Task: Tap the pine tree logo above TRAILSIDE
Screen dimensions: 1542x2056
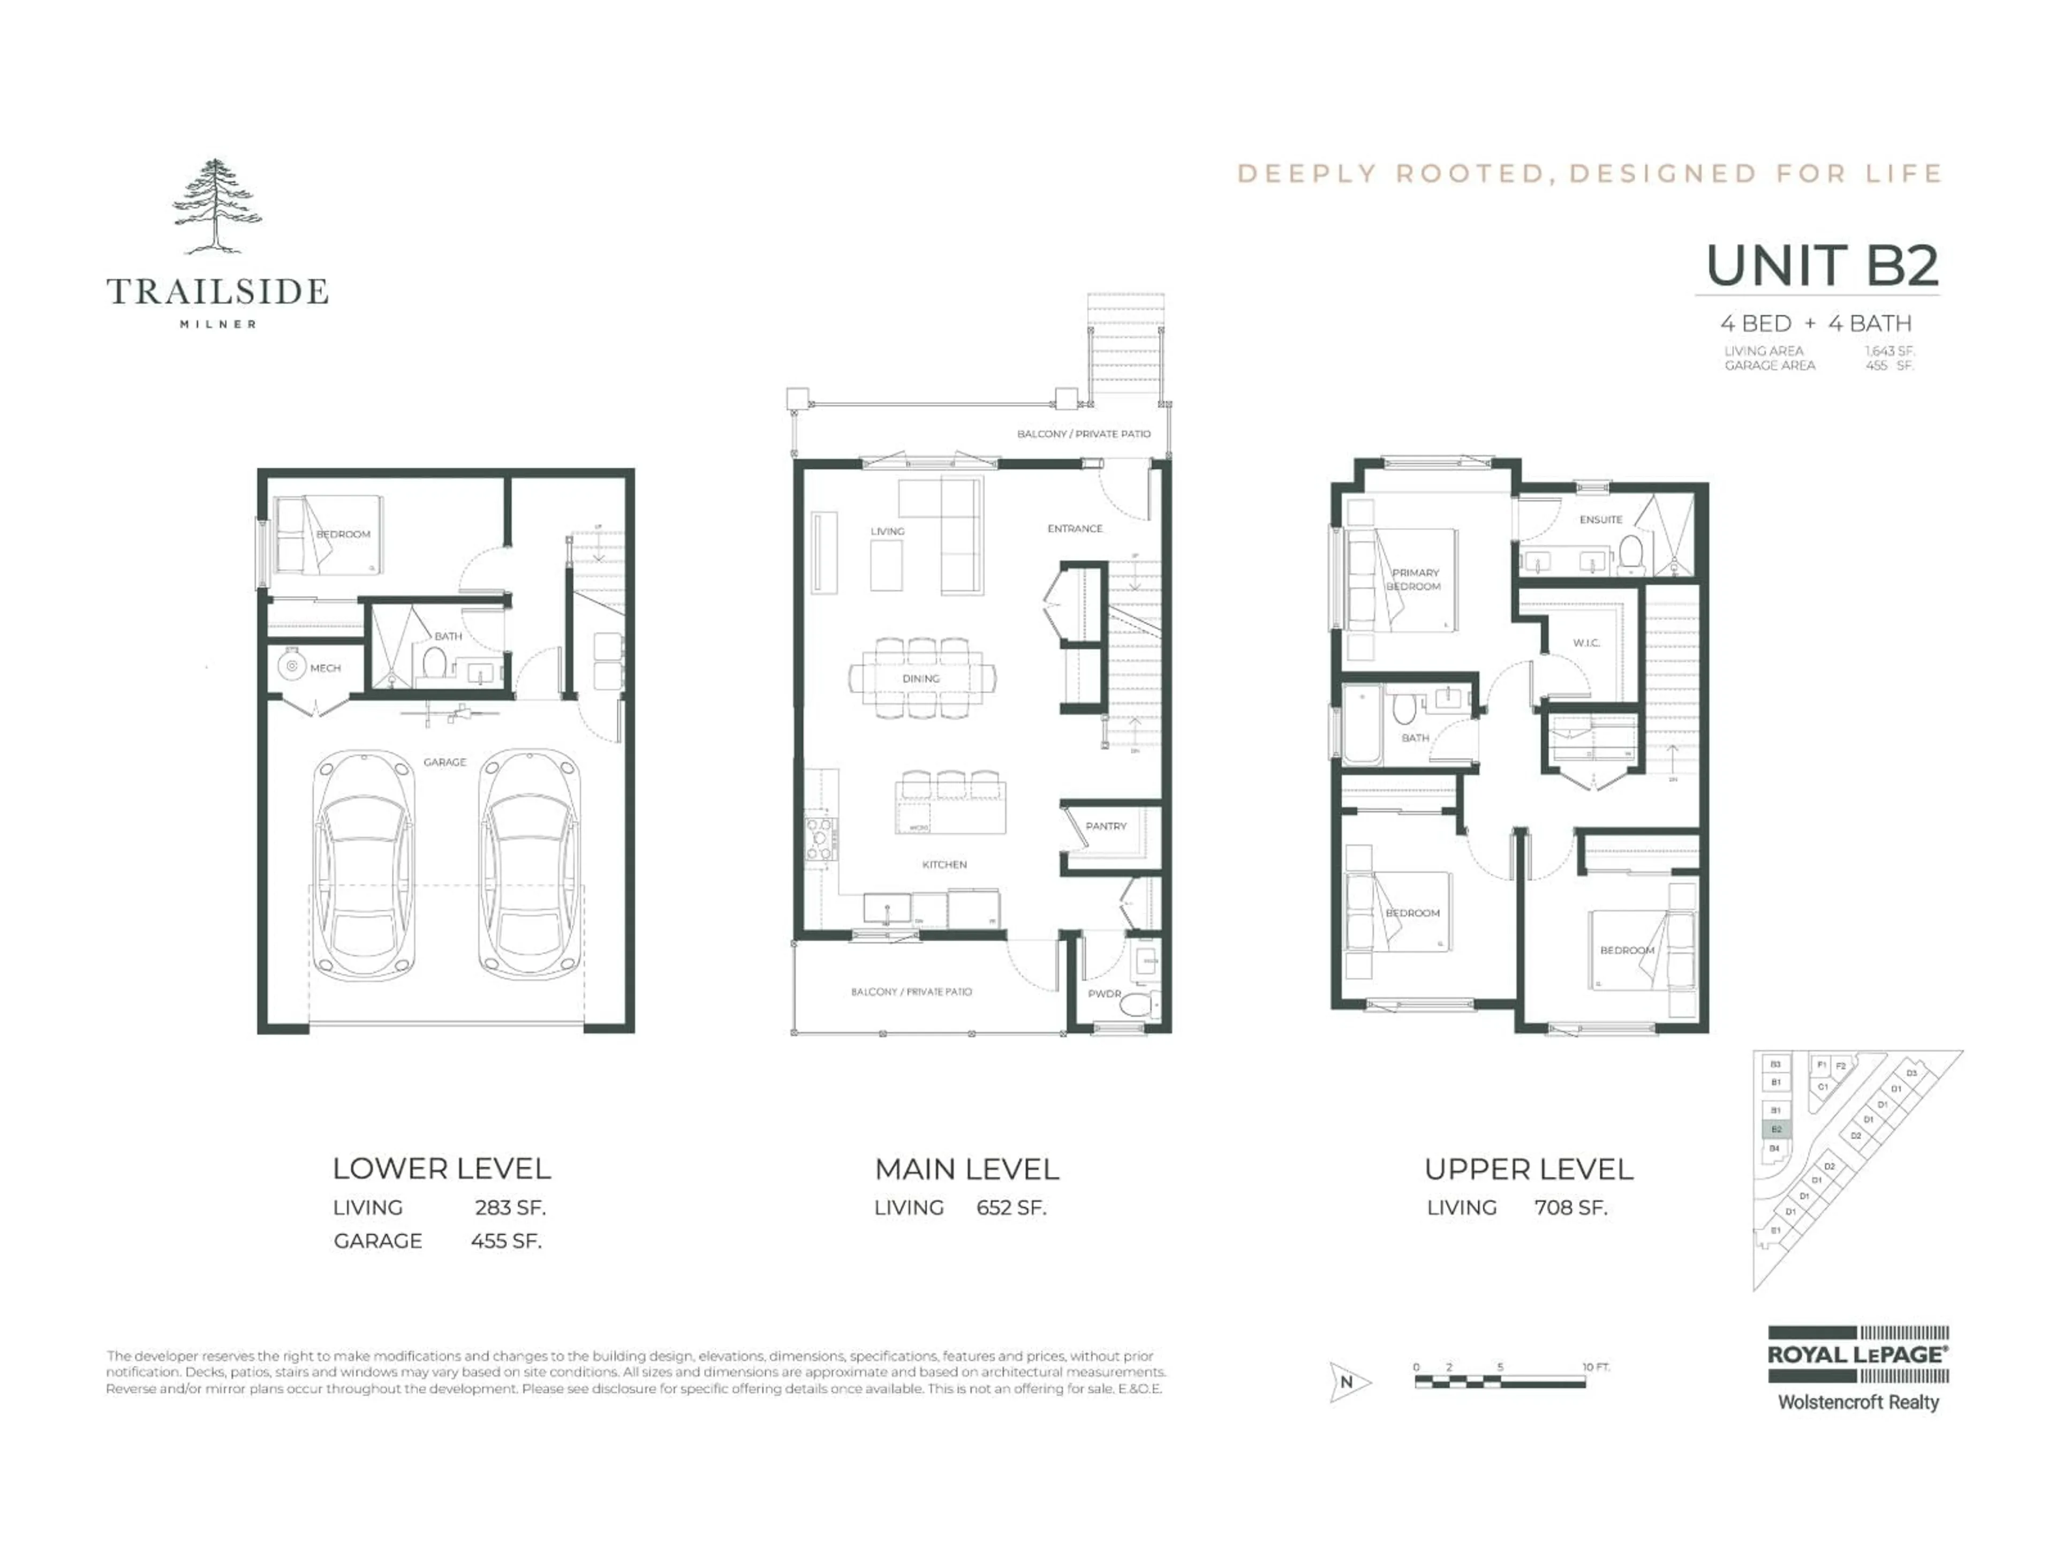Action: click(x=216, y=206)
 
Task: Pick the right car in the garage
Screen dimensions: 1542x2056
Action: click(x=529, y=866)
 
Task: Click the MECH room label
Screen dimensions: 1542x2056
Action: click(x=326, y=668)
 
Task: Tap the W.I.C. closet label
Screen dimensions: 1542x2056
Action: click(x=1586, y=643)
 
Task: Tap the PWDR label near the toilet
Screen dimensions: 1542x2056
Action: click(x=1104, y=994)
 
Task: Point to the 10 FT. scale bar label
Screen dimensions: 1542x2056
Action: click(x=1596, y=1367)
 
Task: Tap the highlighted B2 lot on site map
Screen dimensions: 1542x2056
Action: click(x=1775, y=1129)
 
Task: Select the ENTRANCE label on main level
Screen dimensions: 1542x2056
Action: click(x=1075, y=529)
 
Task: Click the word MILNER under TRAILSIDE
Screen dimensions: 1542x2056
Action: click(x=217, y=324)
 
